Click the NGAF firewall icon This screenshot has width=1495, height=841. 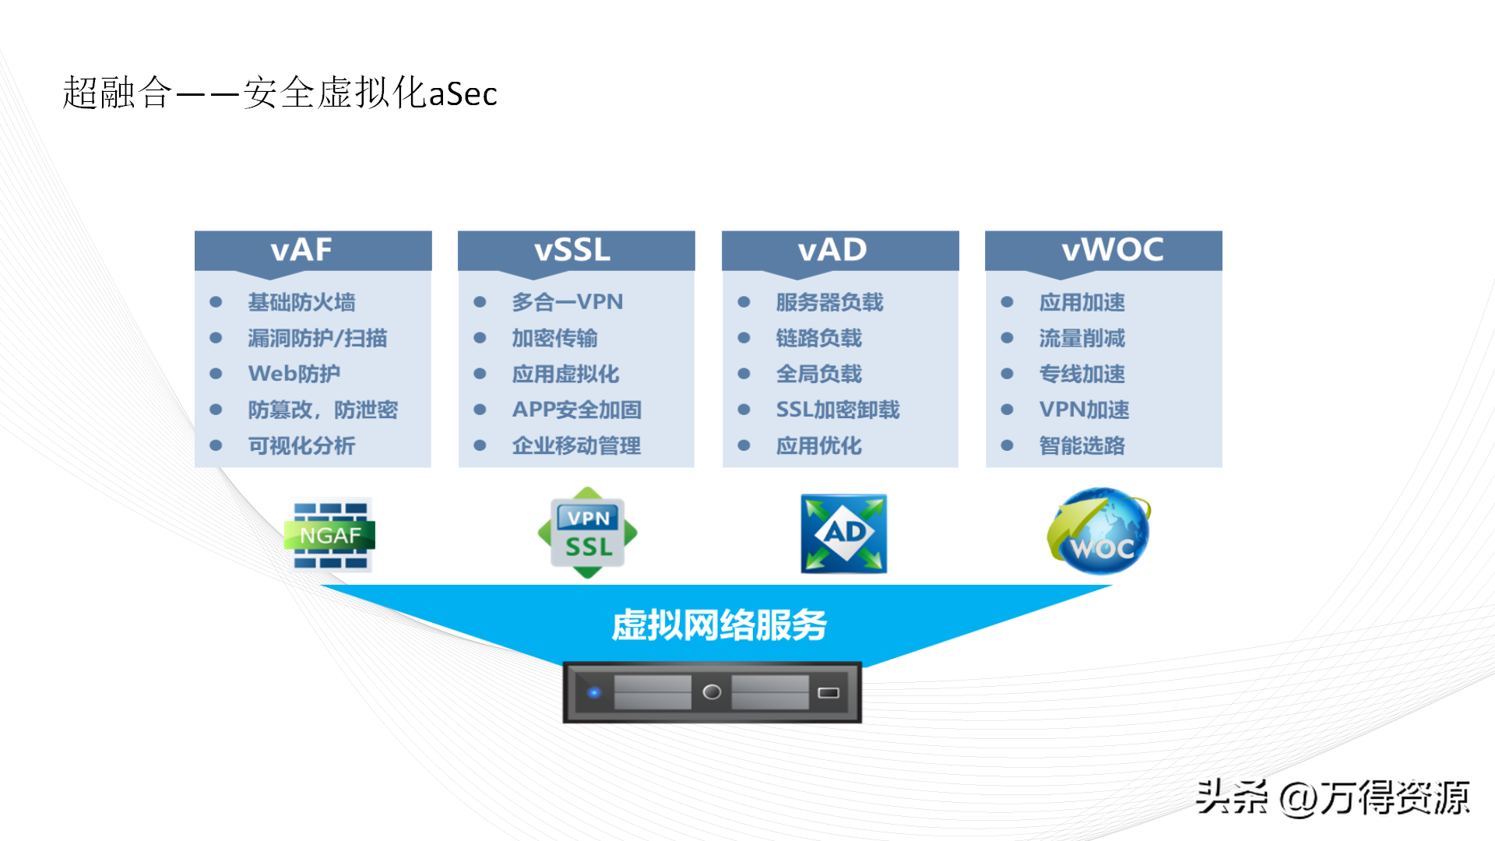tap(330, 535)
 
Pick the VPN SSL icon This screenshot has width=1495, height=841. tap(588, 533)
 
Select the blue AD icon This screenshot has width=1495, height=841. tap(844, 533)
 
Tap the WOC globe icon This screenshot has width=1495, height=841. tap(1099, 532)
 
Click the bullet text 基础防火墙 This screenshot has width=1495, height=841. tap(301, 302)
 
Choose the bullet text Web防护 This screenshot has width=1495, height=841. tap(294, 374)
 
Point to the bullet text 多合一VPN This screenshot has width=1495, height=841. tap(568, 302)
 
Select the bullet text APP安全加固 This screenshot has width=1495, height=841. tap(577, 410)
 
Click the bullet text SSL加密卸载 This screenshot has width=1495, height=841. tap(838, 410)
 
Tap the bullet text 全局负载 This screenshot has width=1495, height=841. tap(819, 374)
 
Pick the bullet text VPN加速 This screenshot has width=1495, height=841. tap(1084, 410)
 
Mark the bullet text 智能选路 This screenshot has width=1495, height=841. tap(1082, 445)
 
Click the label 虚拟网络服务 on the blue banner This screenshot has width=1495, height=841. tap(719, 625)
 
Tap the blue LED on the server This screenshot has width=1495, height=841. tap(594, 692)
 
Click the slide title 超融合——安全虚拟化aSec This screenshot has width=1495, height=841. tap(280, 93)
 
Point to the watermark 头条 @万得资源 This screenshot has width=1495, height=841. tap(1332, 797)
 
